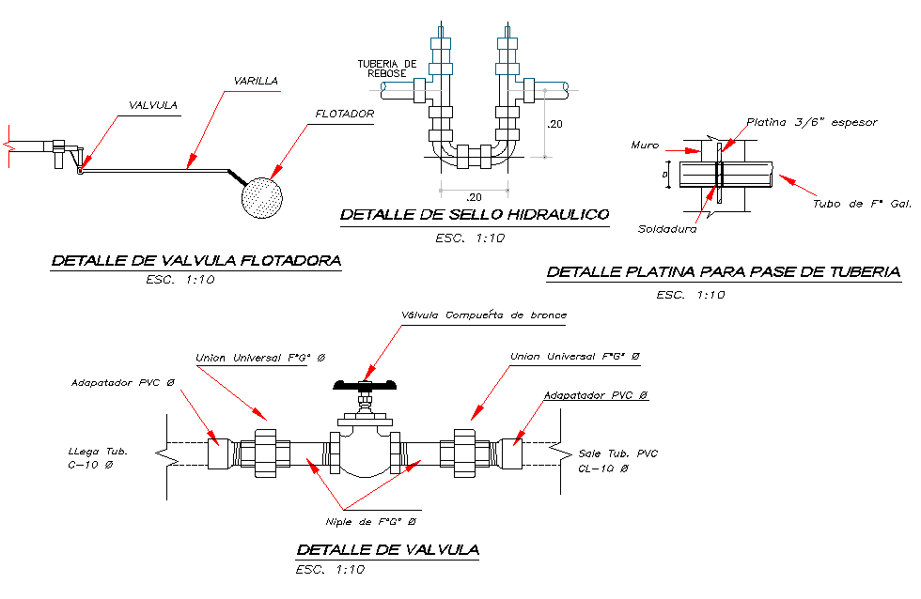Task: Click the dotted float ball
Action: [x=264, y=197]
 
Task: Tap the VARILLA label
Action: [x=256, y=82]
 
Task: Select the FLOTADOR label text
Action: [x=345, y=115]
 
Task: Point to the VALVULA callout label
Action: [x=153, y=105]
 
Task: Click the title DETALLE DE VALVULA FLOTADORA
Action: [x=195, y=261]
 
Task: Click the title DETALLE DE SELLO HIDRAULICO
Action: [x=474, y=215]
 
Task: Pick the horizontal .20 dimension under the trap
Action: [x=475, y=196]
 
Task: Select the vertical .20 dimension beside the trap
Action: [x=556, y=124]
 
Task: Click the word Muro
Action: [x=644, y=146]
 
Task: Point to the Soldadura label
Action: [x=665, y=228]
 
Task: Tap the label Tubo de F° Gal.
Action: [x=861, y=204]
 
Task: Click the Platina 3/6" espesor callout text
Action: [x=811, y=123]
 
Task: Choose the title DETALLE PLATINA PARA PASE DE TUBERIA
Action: [x=723, y=272]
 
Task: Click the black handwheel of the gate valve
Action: [x=367, y=384]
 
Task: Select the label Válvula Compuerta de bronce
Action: [x=483, y=315]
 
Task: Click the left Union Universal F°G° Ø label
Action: [x=259, y=358]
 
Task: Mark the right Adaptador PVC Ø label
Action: [x=596, y=396]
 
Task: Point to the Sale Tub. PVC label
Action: [x=618, y=454]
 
